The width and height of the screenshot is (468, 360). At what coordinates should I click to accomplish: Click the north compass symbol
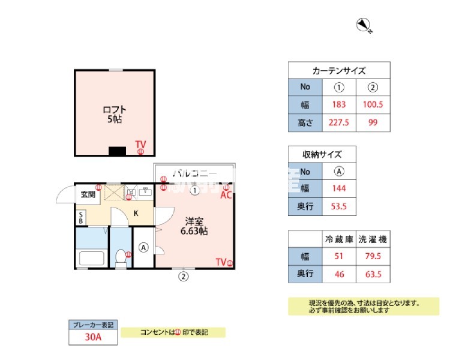point(364,25)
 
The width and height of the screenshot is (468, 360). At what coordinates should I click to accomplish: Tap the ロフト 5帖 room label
point(114,114)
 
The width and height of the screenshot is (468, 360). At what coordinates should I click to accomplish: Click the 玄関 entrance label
point(89,194)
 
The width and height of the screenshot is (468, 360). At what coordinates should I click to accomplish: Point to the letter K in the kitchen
point(136,214)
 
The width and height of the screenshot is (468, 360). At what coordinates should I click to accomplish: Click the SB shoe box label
point(80,217)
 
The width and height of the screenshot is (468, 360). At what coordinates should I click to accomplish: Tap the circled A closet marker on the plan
point(143,247)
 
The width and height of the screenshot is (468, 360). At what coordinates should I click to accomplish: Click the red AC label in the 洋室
point(226,195)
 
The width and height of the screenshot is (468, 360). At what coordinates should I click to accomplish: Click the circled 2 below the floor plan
point(184,277)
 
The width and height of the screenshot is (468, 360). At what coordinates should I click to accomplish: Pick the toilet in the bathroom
point(121,257)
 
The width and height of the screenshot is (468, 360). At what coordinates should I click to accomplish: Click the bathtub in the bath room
point(91,259)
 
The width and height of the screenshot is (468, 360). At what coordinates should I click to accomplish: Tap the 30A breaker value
point(92,337)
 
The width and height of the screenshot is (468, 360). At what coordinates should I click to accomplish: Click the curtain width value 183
point(339,105)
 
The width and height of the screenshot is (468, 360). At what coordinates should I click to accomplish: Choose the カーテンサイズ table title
point(339,70)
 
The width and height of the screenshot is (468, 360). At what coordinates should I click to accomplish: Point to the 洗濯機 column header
point(373,239)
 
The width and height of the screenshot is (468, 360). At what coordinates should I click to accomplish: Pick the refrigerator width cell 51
point(339,257)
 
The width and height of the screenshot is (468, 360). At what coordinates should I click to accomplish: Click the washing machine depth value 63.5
point(373,275)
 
